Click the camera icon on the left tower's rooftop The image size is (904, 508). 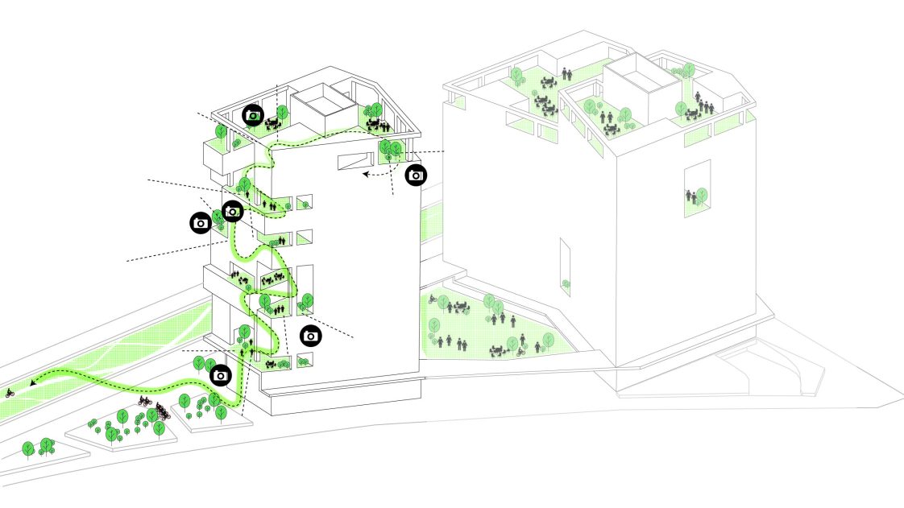(x=254, y=115)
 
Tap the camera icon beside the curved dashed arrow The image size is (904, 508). (x=415, y=175)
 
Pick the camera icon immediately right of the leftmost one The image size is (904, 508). (x=232, y=212)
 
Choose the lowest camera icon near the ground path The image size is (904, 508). (x=221, y=375)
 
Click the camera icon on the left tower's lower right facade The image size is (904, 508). (x=311, y=336)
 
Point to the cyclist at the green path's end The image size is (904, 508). (x=10, y=393)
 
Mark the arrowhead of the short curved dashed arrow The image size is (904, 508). (x=365, y=172)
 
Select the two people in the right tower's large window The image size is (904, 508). (x=690, y=196)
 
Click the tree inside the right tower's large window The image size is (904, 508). (x=702, y=194)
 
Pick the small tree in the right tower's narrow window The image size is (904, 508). (x=566, y=283)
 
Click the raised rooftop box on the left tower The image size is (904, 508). (x=320, y=111)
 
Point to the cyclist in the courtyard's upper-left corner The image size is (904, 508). (x=433, y=299)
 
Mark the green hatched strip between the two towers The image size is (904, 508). (x=432, y=229)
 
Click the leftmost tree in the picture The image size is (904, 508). (x=28, y=448)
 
